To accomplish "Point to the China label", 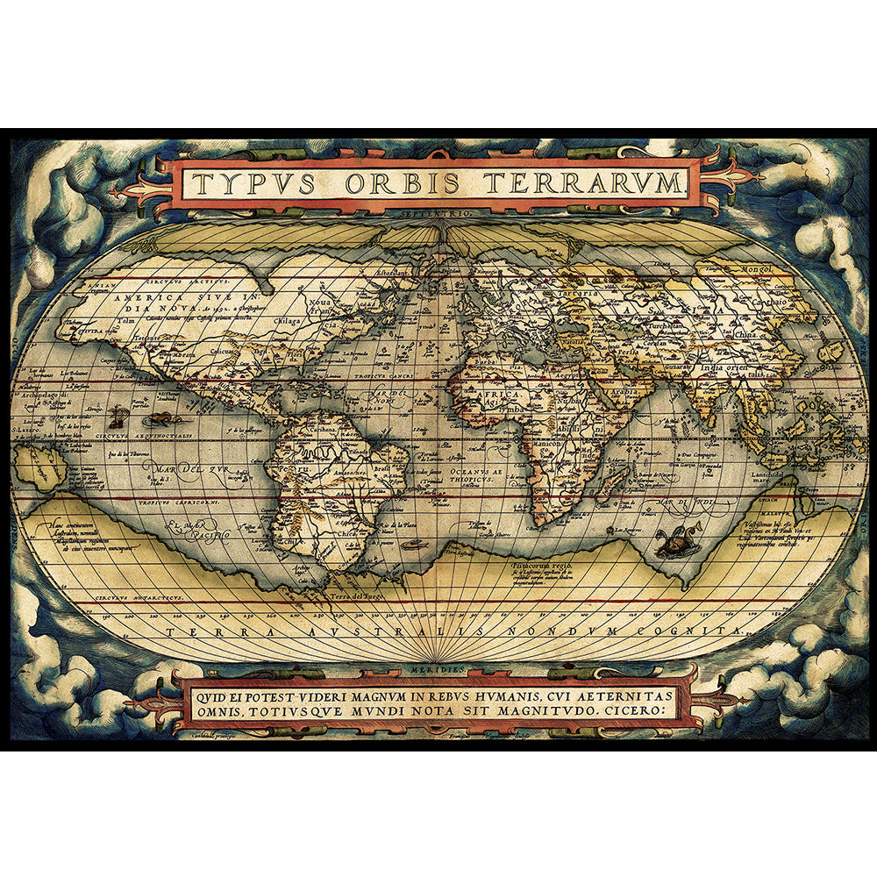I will [x=746, y=334].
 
